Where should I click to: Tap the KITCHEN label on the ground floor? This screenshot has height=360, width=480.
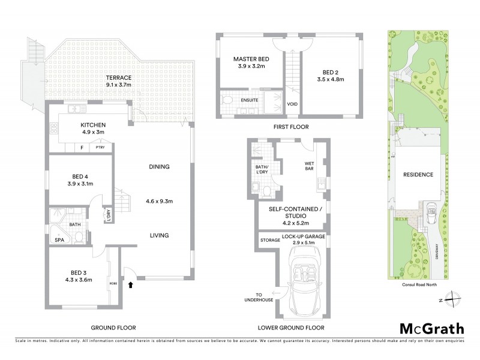click(x=92, y=125)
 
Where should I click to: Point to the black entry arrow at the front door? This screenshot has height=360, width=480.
click(x=130, y=286)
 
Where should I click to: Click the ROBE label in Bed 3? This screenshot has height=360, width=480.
click(x=112, y=283)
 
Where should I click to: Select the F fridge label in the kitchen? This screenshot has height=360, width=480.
click(x=81, y=147)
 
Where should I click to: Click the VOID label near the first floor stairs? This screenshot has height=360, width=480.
click(x=293, y=104)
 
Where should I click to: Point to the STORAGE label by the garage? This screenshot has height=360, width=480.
click(x=269, y=239)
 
